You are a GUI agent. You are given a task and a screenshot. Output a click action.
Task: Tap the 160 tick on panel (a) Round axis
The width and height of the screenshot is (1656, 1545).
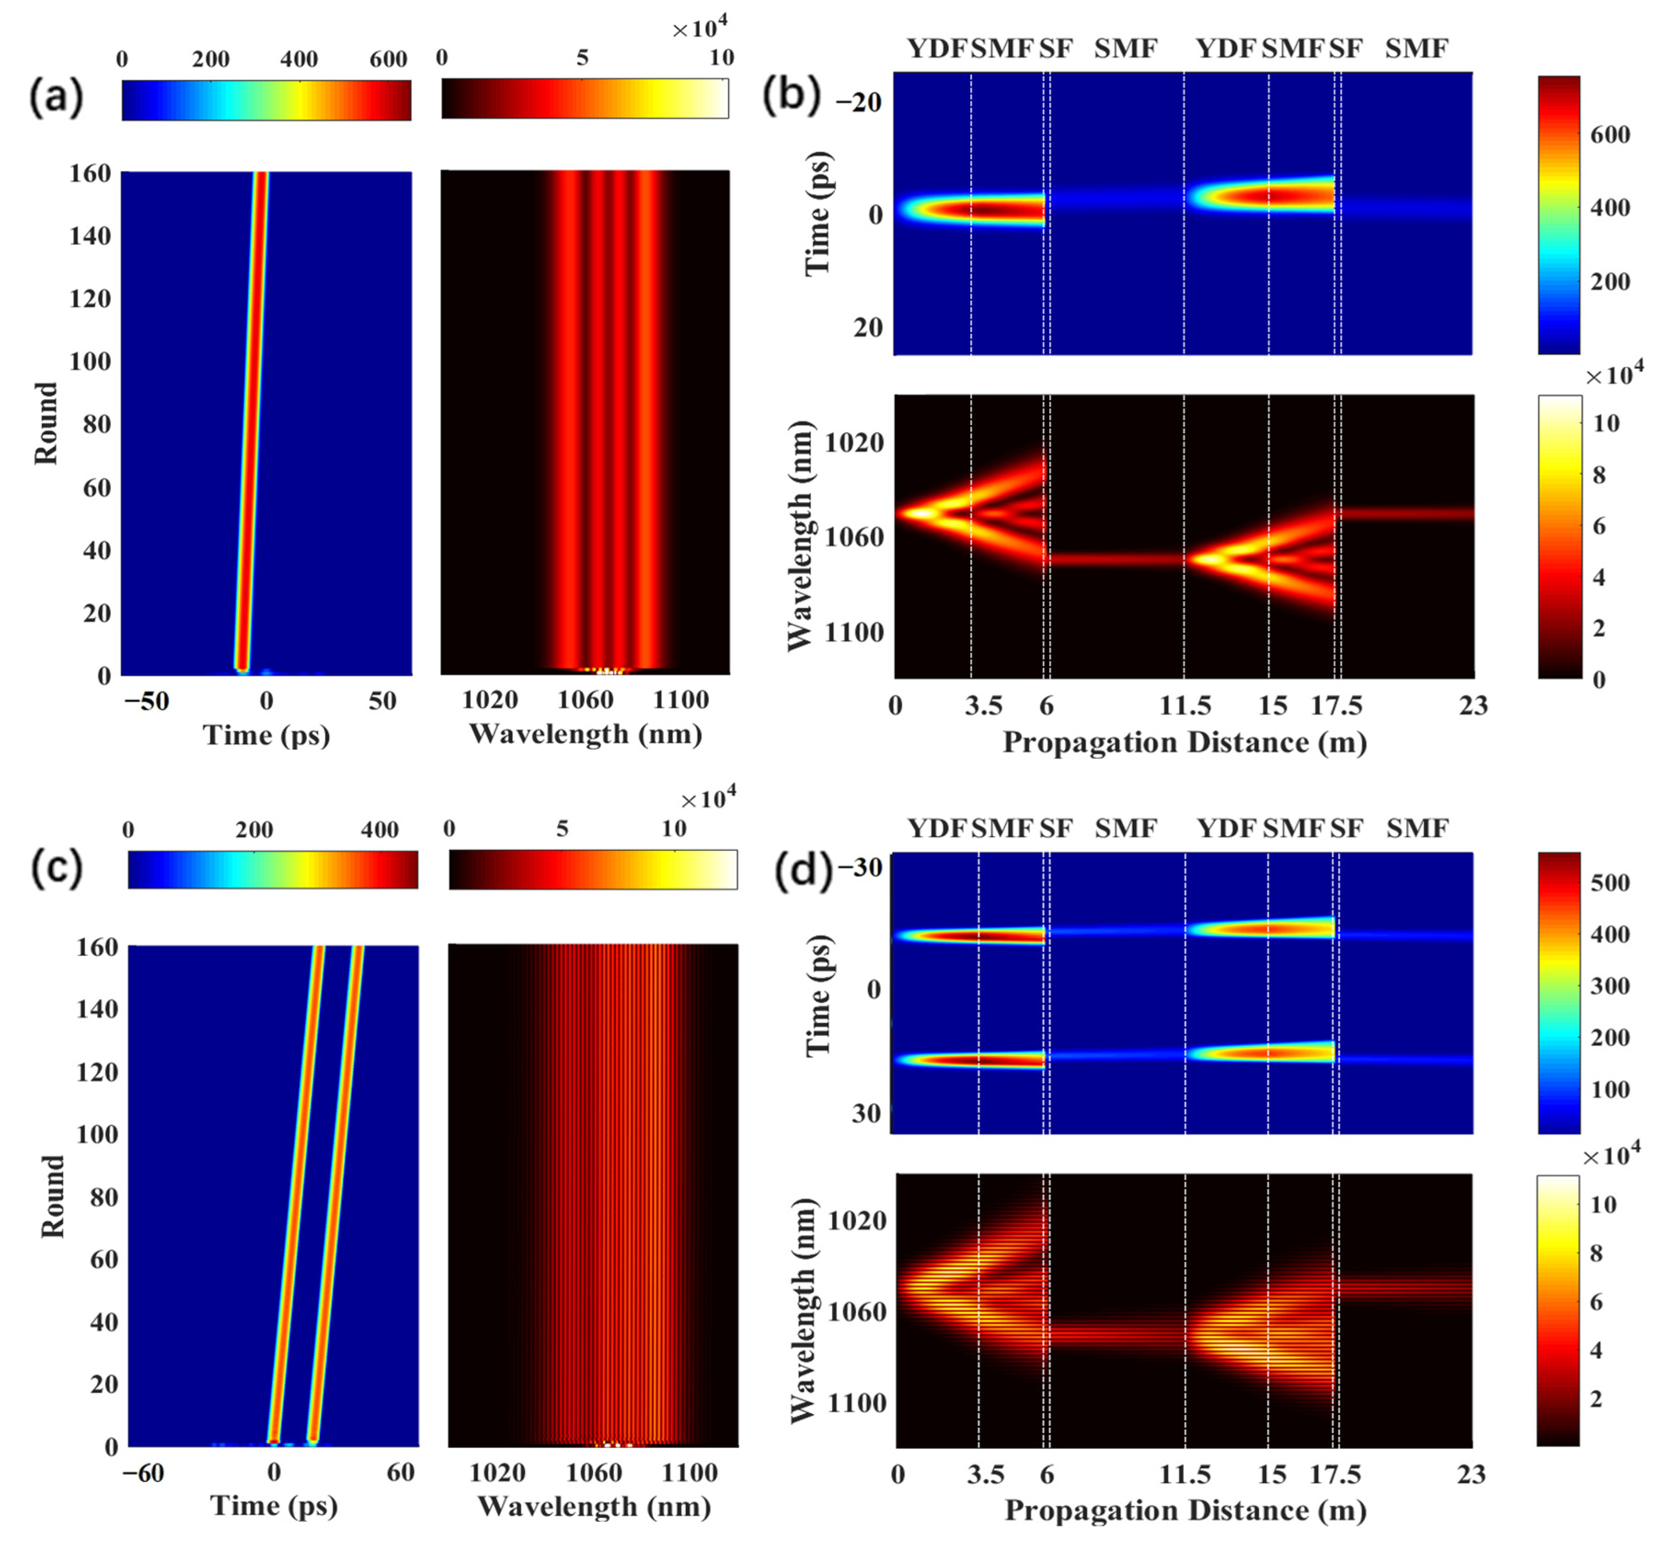tap(90, 173)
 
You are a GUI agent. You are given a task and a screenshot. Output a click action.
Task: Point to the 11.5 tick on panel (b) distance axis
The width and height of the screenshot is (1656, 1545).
tap(1184, 706)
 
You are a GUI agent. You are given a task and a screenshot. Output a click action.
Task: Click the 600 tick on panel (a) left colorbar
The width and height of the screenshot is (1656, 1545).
tap(388, 59)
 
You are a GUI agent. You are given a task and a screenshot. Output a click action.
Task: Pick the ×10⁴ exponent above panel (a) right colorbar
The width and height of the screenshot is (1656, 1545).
tap(700, 29)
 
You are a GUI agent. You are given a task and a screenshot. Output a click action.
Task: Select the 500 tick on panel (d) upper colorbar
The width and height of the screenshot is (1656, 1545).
tap(1610, 883)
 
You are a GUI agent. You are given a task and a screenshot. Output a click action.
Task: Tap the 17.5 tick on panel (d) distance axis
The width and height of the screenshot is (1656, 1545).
tap(1335, 1475)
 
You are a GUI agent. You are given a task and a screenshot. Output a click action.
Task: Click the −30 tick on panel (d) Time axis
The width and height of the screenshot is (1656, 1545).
tap(860, 868)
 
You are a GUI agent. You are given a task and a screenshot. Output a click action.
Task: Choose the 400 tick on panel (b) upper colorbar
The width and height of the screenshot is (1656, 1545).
tap(1610, 207)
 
